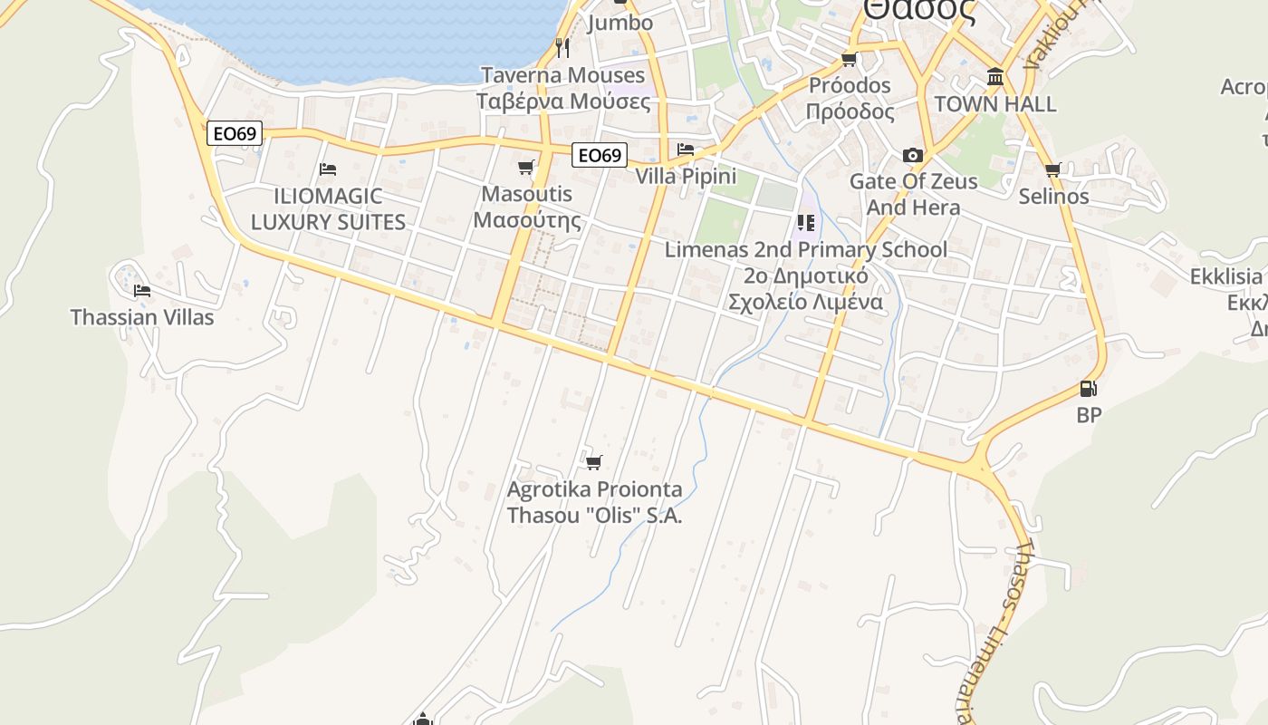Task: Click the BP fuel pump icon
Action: [1088, 390]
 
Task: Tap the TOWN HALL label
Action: [994, 104]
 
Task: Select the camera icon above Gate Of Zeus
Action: [913, 155]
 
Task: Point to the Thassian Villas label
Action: [142, 317]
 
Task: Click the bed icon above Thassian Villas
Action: [141, 291]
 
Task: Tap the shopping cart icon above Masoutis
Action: [525, 168]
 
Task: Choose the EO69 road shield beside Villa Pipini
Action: [600, 156]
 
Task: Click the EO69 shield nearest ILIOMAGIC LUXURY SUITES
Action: [234, 134]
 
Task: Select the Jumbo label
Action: [620, 23]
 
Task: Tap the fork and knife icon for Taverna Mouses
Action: [562, 47]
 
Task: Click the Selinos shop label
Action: [1053, 196]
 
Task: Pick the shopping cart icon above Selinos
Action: [1052, 169]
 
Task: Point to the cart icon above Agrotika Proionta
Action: [593, 463]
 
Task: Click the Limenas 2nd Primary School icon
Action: [805, 222]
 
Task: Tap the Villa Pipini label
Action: [686, 176]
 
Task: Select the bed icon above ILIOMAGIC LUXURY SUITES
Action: [328, 169]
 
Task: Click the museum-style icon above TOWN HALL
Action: [995, 77]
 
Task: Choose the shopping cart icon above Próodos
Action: [849, 60]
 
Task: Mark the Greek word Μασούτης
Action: [527, 219]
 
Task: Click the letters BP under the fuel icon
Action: [1089, 415]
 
